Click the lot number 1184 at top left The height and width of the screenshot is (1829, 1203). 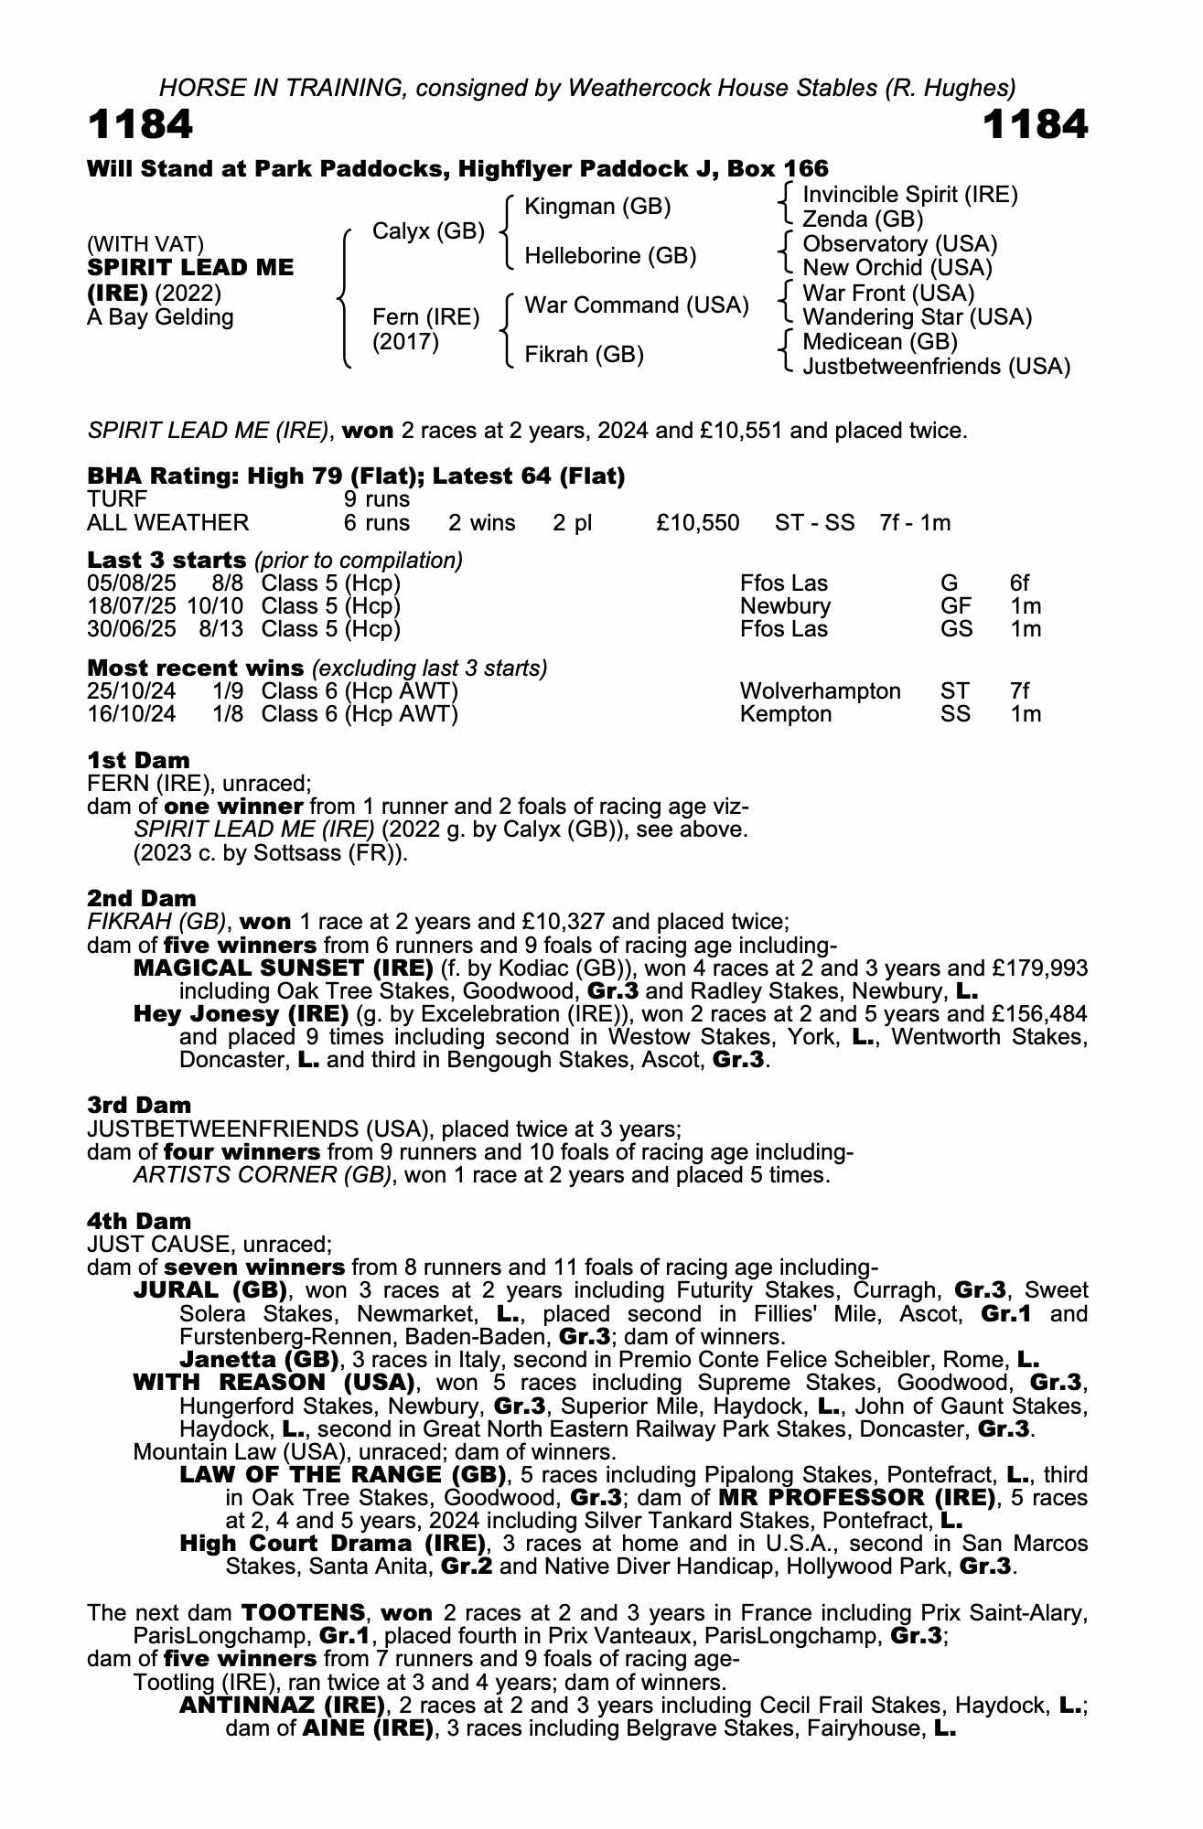pyautogui.click(x=140, y=125)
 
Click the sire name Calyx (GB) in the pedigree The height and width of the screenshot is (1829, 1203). pyautogui.click(x=427, y=231)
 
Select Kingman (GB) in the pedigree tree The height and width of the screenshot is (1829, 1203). pyautogui.click(x=597, y=207)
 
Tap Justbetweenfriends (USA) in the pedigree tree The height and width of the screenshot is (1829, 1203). pyautogui.click(x=935, y=367)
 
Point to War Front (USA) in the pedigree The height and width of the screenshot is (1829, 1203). pyautogui.click(x=887, y=293)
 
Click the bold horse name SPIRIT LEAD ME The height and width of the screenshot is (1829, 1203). pyautogui.click(x=190, y=268)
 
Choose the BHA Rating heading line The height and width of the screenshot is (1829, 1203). pyautogui.click(x=356, y=476)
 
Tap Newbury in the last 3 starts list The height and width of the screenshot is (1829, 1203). pyautogui.click(x=785, y=606)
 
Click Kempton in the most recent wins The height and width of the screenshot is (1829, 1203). pyautogui.click(x=785, y=714)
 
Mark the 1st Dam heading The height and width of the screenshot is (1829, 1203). pyautogui.click(x=138, y=760)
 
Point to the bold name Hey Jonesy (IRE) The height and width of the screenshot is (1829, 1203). pyautogui.click(x=242, y=1014)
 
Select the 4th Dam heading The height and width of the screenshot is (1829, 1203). pyautogui.click(x=139, y=1221)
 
